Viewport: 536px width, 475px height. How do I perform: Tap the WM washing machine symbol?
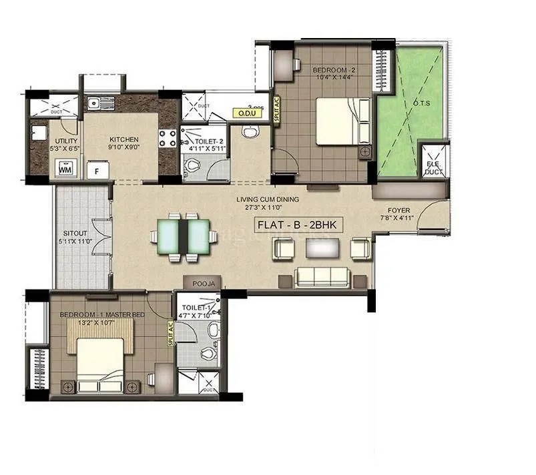coord(65,169)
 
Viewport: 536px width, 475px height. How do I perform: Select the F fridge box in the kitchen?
coord(97,170)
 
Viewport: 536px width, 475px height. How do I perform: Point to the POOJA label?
coord(204,284)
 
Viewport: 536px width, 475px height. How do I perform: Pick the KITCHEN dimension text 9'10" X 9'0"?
coord(124,148)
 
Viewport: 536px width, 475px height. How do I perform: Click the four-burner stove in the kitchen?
coord(168,138)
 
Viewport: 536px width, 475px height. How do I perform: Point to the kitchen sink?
coord(98,103)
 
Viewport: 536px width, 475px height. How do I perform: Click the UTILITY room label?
coord(66,141)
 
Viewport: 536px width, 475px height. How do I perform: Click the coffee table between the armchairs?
coord(318,248)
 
